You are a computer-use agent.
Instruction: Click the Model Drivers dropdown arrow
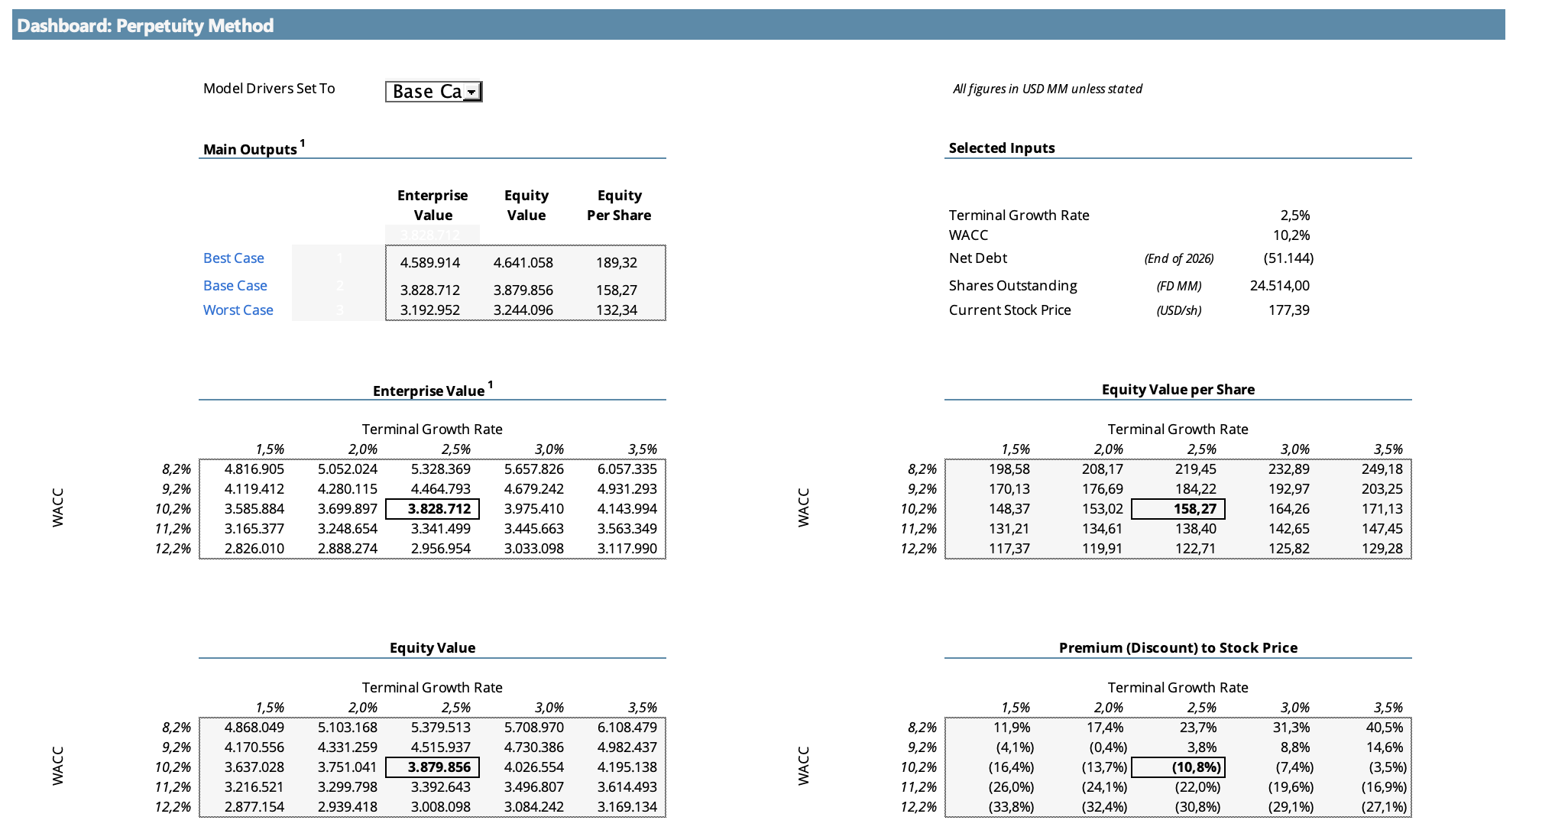click(x=472, y=92)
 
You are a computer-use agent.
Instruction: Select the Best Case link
click(x=234, y=258)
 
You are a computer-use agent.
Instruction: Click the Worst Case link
click(x=238, y=310)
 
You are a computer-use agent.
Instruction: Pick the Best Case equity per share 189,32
click(x=617, y=263)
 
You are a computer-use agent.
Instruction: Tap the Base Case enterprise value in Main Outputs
click(x=430, y=290)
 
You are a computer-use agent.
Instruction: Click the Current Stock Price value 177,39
click(x=1289, y=310)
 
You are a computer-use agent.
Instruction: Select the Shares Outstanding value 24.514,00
click(x=1280, y=286)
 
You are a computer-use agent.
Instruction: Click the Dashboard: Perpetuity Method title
click(x=145, y=26)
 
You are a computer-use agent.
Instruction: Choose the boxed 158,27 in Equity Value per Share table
click(x=1196, y=509)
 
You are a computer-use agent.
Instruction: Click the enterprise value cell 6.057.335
click(x=627, y=469)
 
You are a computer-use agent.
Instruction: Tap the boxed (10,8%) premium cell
click(x=1197, y=767)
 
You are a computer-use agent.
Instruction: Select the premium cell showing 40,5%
click(x=1385, y=728)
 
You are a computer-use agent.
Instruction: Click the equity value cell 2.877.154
click(x=254, y=807)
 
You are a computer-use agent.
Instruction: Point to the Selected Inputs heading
click(x=1002, y=148)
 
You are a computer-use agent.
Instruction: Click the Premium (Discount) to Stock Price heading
click(x=1178, y=648)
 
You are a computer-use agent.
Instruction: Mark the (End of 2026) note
click(x=1179, y=258)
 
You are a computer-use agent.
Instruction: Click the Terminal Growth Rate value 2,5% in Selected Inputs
click(x=1295, y=216)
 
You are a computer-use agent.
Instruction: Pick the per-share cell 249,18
click(x=1382, y=469)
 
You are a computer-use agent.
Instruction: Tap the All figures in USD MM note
click(x=1048, y=89)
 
